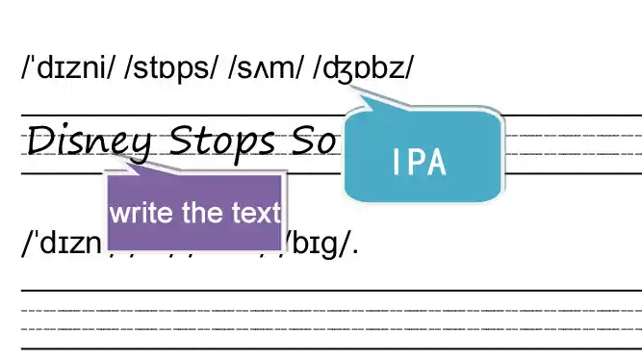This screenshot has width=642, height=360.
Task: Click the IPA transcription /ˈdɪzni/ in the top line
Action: point(71,69)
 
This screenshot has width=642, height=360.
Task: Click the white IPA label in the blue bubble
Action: point(421,162)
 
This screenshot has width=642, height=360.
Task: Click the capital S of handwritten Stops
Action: point(182,141)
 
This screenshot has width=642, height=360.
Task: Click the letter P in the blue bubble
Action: point(419,162)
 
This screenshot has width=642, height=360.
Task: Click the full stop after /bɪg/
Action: point(356,251)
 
